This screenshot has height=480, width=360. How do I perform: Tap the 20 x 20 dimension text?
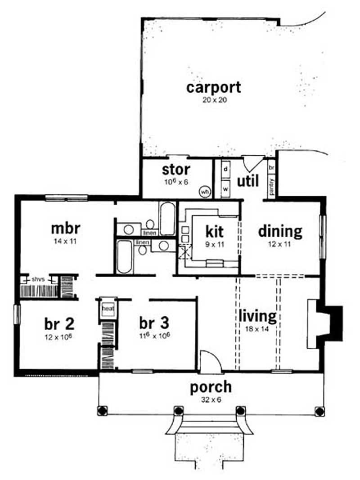click(213, 100)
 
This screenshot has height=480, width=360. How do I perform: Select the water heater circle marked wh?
click(205, 191)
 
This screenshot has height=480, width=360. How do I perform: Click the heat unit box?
click(107, 309)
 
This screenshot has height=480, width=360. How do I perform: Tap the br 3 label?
click(154, 323)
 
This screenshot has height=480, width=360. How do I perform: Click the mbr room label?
click(65, 228)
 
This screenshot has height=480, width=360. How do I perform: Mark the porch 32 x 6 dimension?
click(211, 399)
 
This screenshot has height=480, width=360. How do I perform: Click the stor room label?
click(176, 170)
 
